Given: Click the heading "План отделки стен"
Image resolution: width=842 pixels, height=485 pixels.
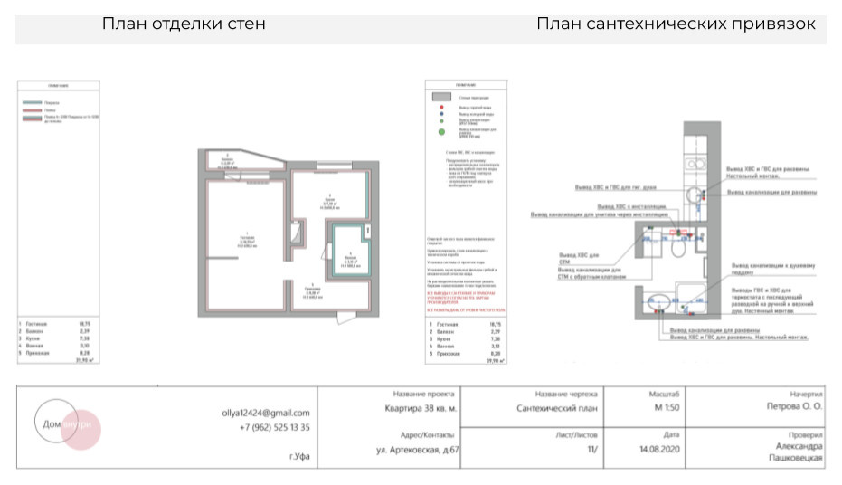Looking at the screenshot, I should tap(184, 24).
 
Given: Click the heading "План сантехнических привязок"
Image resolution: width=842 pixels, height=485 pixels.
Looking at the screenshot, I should tap(676, 24).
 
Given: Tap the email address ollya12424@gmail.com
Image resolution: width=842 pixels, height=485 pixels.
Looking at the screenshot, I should tap(266, 413).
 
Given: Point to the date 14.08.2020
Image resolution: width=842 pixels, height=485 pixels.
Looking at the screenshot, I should tap(658, 449).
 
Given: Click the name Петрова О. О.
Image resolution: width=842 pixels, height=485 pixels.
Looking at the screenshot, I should tap(794, 408).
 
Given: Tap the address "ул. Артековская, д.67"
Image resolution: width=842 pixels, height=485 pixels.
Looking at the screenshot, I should tap(417, 449).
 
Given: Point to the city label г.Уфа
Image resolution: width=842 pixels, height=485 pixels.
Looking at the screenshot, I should tap(299, 457).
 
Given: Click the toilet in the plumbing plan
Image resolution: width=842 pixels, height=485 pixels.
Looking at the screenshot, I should tap(652, 240).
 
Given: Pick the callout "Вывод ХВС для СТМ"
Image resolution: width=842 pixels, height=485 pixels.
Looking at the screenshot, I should tap(574, 260).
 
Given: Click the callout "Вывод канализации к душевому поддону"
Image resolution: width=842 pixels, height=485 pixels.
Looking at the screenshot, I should tap(773, 269).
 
